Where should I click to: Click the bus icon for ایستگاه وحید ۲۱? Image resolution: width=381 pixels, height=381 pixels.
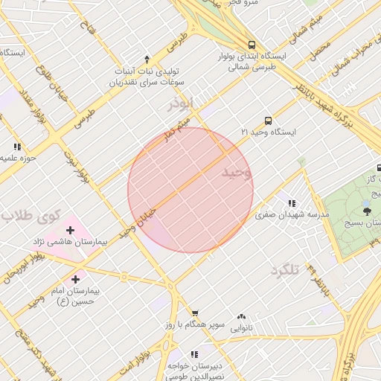tap(268, 120)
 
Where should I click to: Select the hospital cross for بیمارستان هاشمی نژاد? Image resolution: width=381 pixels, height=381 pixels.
tap(71, 230)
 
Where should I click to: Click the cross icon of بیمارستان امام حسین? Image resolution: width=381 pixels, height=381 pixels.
tap(74, 279)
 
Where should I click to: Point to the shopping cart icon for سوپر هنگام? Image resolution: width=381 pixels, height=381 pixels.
tap(195, 313)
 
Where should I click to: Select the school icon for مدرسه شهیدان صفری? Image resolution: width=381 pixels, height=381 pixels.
tap(292, 203)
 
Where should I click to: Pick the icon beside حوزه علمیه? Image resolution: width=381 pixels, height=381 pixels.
tap(17, 147)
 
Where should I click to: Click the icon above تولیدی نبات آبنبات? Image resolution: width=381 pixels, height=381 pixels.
tap(147, 59)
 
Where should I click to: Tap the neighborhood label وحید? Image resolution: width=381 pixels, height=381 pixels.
tap(237, 173)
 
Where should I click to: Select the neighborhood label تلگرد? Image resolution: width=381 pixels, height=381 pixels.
tap(284, 270)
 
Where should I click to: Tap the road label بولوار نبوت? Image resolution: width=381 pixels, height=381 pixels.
tap(77, 165)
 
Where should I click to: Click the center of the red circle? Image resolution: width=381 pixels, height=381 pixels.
tap(190, 190)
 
